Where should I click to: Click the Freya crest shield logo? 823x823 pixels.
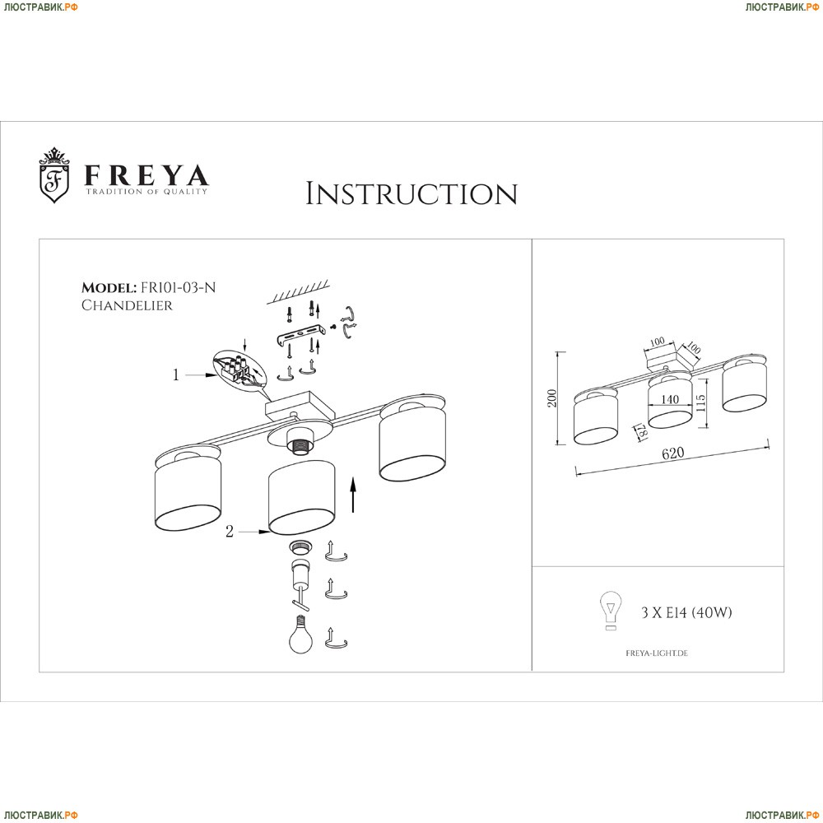click(x=54, y=175)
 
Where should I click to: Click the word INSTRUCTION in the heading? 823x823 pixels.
click(x=411, y=193)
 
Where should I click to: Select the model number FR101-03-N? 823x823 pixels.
click(x=178, y=287)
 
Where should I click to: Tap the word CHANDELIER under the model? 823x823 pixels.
click(x=127, y=305)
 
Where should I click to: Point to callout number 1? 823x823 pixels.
click(x=176, y=375)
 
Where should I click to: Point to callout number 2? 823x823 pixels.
click(x=230, y=532)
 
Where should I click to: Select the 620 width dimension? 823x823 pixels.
click(x=673, y=453)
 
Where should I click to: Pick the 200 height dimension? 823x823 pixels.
click(x=551, y=398)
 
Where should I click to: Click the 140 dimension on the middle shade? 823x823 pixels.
click(x=670, y=399)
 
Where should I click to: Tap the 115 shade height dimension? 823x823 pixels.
click(x=700, y=403)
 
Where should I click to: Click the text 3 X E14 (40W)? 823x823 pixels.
click(x=686, y=612)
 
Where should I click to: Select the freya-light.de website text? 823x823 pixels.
click(x=657, y=653)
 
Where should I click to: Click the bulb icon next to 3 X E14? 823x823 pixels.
click(x=611, y=611)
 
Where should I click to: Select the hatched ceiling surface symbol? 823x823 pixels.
click(x=298, y=292)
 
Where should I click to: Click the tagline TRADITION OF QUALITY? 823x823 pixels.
click(x=146, y=192)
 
